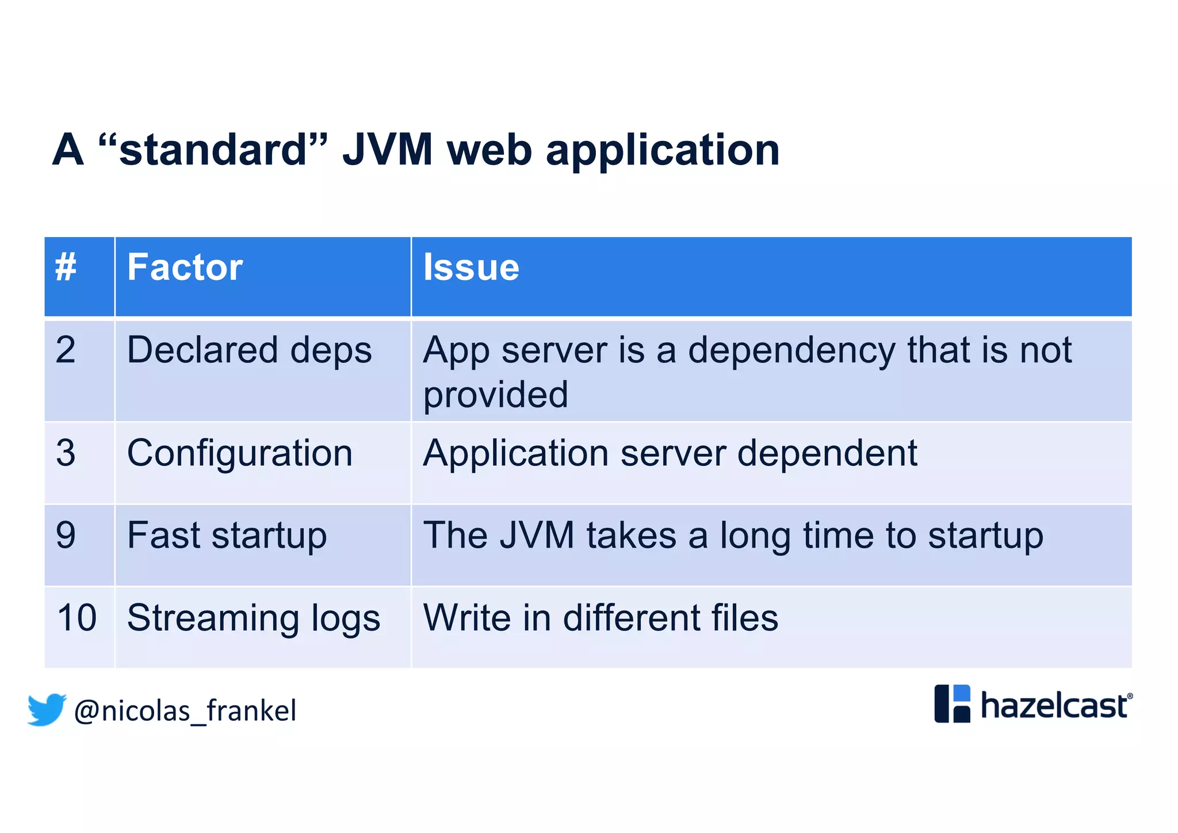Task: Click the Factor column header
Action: (185, 268)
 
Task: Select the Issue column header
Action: (471, 268)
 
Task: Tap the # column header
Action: (66, 268)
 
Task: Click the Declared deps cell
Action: (249, 350)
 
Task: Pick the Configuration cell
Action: (239, 453)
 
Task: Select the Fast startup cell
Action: (227, 536)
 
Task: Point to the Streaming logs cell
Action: (253, 618)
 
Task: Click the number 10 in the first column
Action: (77, 618)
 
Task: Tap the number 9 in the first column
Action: (66, 536)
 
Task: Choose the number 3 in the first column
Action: (66, 453)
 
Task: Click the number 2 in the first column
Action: (66, 350)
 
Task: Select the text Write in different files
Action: (600, 618)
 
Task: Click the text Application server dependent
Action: (670, 453)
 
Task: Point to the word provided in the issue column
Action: (495, 395)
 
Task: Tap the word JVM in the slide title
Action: (387, 150)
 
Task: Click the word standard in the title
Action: (213, 150)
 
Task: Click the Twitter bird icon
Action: (47, 709)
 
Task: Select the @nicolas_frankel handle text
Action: (185, 711)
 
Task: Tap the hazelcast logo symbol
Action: (952, 704)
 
